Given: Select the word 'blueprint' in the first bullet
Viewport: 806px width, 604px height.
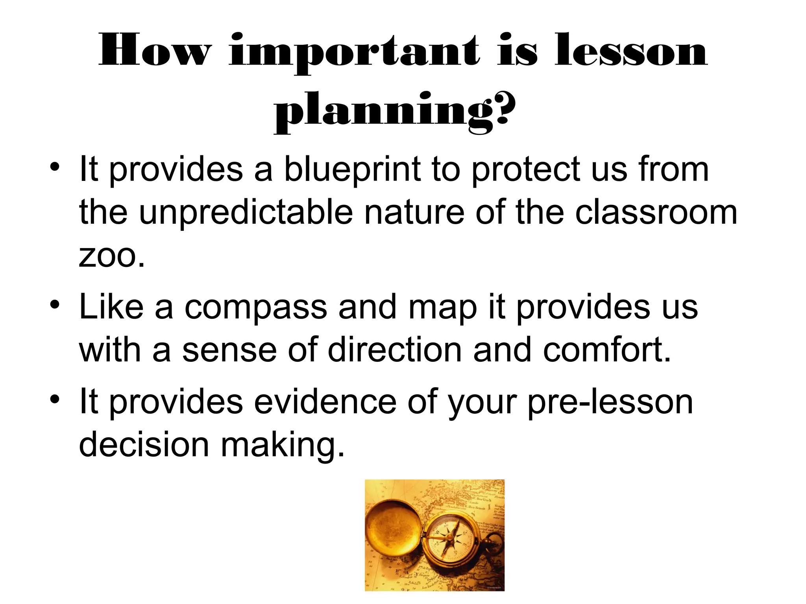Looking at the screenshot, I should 352,170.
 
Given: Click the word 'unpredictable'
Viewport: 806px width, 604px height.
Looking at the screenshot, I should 246,213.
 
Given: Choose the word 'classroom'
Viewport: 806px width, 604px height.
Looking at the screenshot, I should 656,213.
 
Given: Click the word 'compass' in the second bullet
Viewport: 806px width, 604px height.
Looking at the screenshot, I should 255,307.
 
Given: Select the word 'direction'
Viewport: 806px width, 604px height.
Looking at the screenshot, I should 395,350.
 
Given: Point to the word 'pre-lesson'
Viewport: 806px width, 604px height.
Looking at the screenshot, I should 610,403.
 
